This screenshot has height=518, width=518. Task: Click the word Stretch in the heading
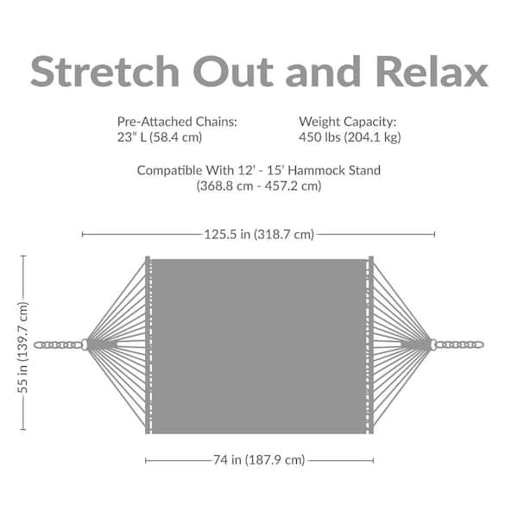pyautogui.click(x=104, y=72)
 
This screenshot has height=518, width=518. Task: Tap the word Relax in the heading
pyautogui.click(x=432, y=72)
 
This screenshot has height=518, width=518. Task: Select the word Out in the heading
pyautogui.click(x=233, y=72)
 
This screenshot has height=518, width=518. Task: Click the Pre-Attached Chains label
pyautogui.click(x=177, y=122)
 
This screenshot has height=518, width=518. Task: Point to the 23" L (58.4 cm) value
pyautogui.click(x=160, y=137)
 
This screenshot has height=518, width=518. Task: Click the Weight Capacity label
pyautogui.click(x=348, y=122)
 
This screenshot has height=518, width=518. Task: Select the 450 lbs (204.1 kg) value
pyautogui.click(x=350, y=137)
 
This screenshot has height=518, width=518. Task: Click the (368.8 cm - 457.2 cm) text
pyautogui.click(x=259, y=186)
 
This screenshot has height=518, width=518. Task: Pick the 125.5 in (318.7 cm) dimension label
pyautogui.click(x=259, y=235)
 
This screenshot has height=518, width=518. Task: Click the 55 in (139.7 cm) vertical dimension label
pyautogui.click(x=22, y=348)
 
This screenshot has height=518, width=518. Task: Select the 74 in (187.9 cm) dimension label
pyautogui.click(x=259, y=460)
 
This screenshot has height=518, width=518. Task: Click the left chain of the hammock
pyautogui.click(x=58, y=344)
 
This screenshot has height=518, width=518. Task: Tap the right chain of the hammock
pyautogui.click(x=459, y=344)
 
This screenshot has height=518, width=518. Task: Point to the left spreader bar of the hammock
pyautogui.click(x=148, y=344)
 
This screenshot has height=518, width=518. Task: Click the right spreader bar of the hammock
pyautogui.click(x=370, y=344)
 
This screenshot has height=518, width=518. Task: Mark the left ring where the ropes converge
pyautogui.click(x=85, y=344)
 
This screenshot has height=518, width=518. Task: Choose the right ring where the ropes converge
pyautogui.click(x=433, y=344)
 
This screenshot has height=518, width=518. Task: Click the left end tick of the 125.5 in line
pyautogui.click(x=82, y=235)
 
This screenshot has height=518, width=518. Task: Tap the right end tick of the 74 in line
pyautogui.click(x=373, y=460)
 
